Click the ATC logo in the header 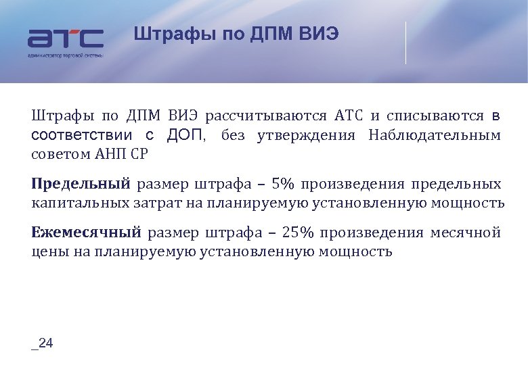(65, 39)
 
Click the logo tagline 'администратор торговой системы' (65, 55)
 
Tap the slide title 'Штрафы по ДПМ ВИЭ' (236, 34)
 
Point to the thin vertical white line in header (406, 43)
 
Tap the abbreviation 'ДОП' (185, 135)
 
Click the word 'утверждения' (306, 135)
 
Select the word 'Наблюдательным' (435, 135)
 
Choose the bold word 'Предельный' (81, 184)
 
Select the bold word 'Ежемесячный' (86, 233)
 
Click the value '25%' (299, 233)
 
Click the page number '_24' (42, 343)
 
